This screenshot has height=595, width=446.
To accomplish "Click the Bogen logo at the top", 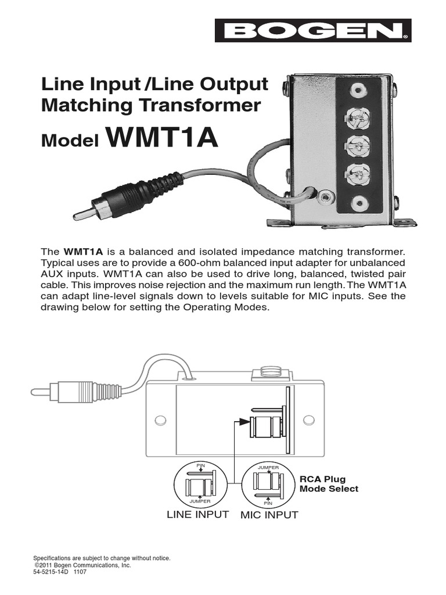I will [313, 31].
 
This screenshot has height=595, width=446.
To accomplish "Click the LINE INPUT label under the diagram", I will [197, 515].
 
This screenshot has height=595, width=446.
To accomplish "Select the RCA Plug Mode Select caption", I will [329, 484].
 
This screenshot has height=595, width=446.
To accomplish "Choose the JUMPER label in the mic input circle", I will [268, 467].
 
